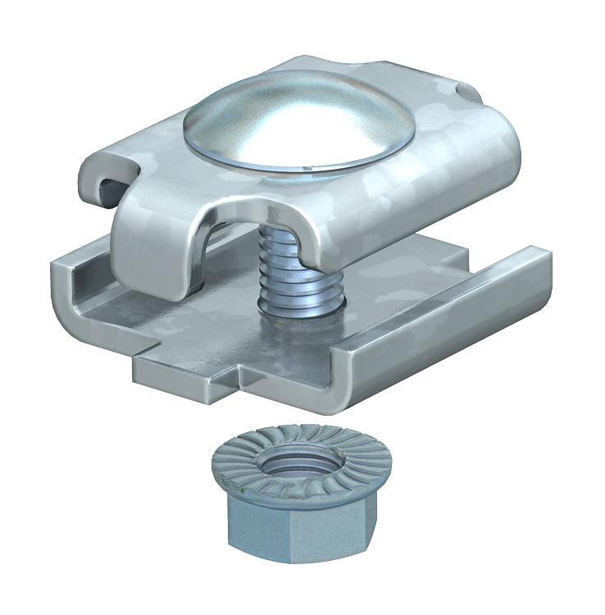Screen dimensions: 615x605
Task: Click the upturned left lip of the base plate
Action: point(82,283)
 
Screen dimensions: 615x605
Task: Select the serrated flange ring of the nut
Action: point(246,463)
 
